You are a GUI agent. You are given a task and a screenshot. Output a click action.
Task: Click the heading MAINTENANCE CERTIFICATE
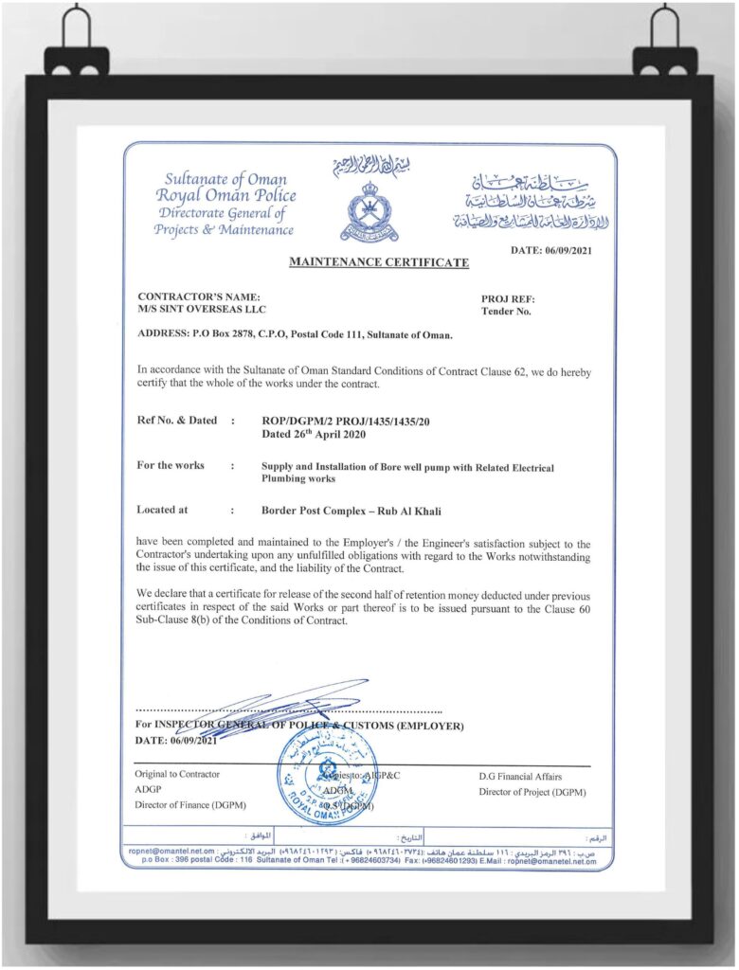pos(378,261)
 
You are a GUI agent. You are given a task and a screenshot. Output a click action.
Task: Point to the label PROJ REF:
pos(508,297)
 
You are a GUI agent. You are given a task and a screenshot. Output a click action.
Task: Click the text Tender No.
pos(507,311)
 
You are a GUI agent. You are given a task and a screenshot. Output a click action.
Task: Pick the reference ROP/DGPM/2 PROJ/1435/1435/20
pos(350,421)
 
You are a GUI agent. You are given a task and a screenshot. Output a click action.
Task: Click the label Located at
pos(162,510)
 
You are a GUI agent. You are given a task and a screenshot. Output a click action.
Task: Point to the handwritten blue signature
pos(275,706)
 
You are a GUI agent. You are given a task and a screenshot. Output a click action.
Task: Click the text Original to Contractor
pos(177,774)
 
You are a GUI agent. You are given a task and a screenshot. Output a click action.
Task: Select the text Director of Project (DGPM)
pos(532,791)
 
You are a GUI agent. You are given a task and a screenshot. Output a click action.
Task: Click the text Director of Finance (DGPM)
pos(190,806)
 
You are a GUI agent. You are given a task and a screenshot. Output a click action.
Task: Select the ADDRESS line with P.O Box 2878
pos(295,334)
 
